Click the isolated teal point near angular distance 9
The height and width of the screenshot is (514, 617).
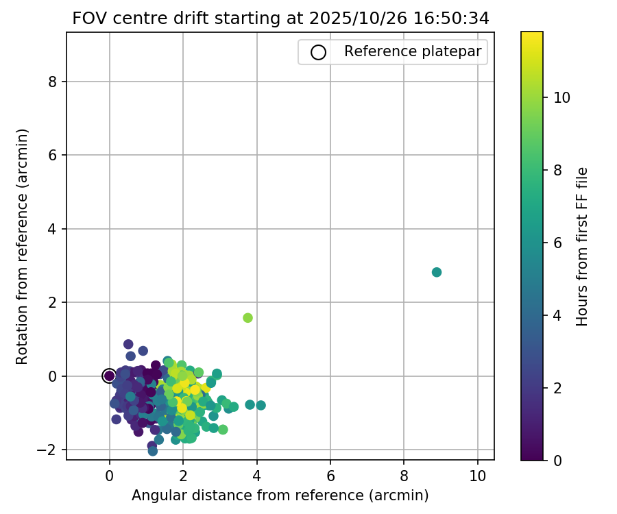pyautogui.click(x=437, y=272)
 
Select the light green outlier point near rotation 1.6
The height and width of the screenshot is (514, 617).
pyautogui.click(x=247, y=318)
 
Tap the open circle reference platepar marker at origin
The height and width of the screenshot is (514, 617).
pyautogui.click(x=109, y=376)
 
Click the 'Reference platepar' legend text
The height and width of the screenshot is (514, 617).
pyautogui.click(x=413, y=51)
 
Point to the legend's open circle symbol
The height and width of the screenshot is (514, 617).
pyautogui.click(x=318, y=52)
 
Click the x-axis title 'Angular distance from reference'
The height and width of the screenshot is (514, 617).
pyautogui.click(x=280, y=495)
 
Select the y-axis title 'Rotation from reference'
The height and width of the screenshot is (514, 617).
pyautogui.click(x=23, y=246)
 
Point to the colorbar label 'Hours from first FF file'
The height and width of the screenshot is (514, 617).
pyautogui.click(x=582, y=246)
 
